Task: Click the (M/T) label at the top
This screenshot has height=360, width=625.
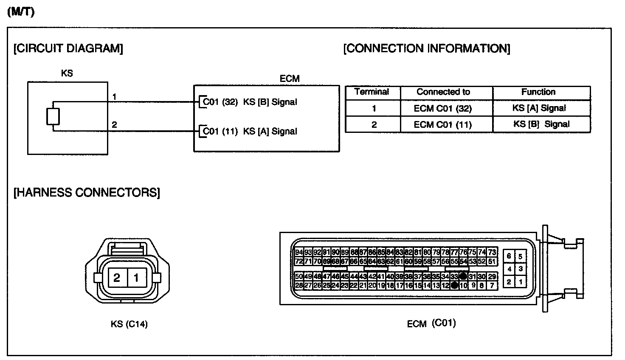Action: [20, 12]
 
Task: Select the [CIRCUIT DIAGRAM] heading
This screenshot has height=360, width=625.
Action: [68, 48]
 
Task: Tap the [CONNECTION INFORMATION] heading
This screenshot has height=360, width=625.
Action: [427, 48]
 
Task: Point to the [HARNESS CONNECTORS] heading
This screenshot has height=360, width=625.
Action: [87, 193]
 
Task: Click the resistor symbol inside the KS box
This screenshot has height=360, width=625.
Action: [53, 116]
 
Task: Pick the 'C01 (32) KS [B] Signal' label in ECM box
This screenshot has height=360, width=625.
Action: [250, 102]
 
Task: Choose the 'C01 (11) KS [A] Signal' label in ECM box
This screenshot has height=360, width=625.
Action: [250, 132]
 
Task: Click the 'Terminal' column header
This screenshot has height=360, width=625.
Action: [372, 92]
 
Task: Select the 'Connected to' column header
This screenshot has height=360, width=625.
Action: [443, 92]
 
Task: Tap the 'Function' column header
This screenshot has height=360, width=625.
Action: [538, 92]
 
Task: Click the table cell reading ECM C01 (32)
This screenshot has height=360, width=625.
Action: [443, 108]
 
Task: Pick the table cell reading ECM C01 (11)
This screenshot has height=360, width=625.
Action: [443, 125]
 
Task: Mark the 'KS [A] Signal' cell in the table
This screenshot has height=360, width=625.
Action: [539, 108]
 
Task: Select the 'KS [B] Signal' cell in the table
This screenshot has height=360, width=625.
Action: [541, 124]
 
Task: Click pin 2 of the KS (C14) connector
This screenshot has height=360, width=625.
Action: [117, 278]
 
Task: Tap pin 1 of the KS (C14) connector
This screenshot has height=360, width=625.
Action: [136, 278]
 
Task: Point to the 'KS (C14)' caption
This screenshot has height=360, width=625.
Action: [129, 324]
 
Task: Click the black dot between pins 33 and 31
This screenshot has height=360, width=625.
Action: [463, 276]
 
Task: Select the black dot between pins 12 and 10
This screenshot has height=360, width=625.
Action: [454, 285]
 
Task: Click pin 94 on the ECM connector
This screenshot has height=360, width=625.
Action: [299, 252]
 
